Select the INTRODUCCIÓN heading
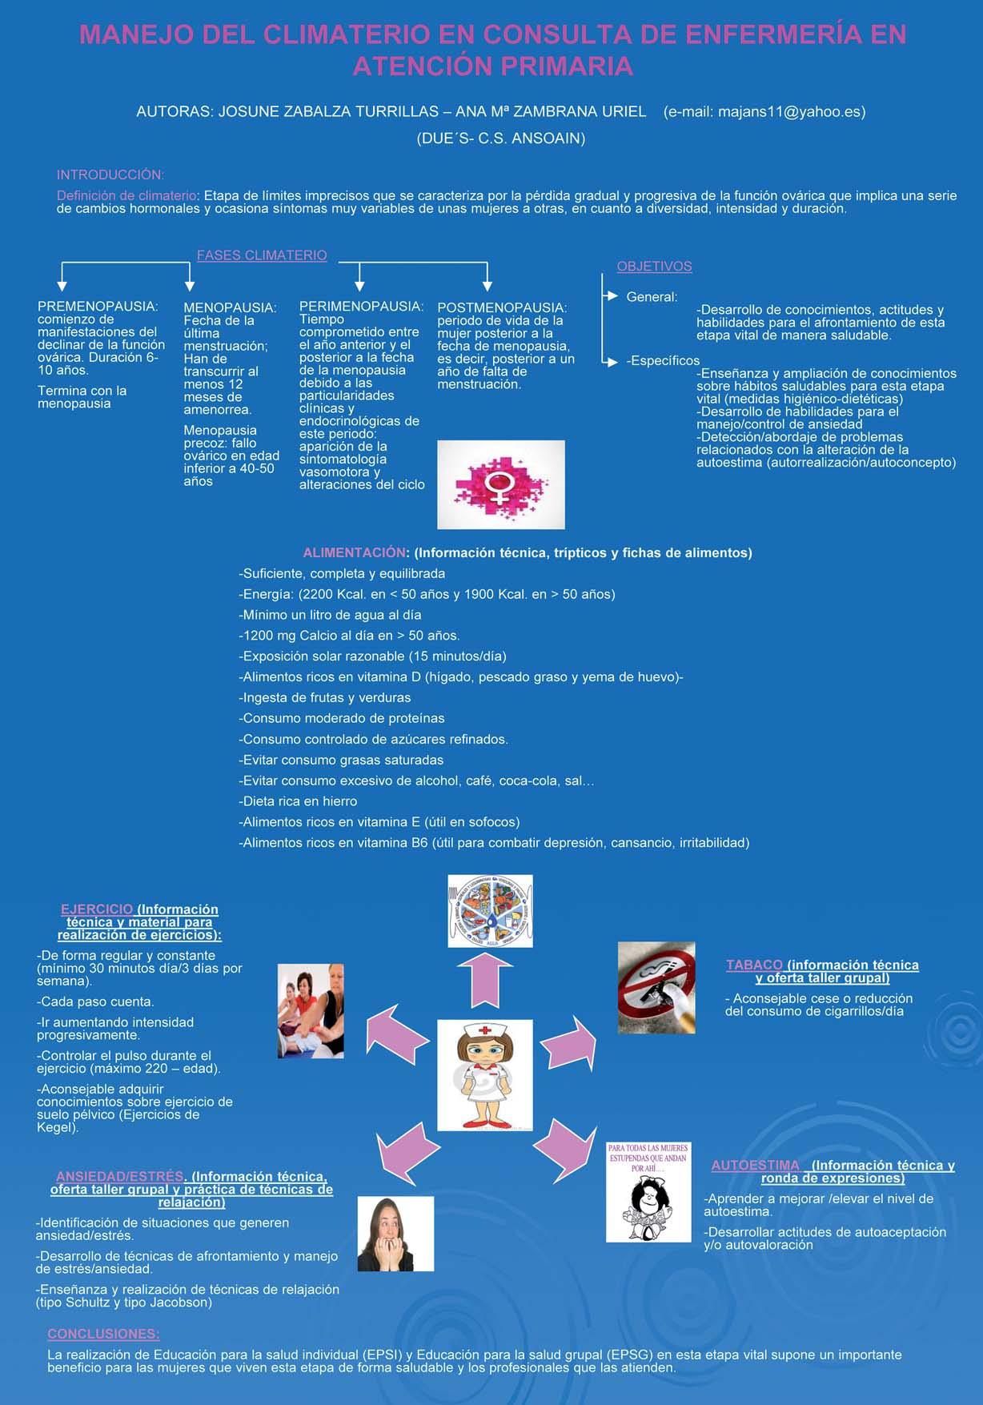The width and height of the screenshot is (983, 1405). pos(110,175)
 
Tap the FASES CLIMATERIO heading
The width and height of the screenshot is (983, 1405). pos(262,255)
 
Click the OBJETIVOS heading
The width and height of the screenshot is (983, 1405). pos(654,267)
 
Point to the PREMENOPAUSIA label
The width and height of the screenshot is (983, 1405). pos(98,306)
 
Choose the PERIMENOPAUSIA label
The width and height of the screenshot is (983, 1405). pos(361,306)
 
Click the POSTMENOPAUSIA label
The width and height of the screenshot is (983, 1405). pos(502,307)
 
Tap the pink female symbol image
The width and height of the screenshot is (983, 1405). pos(500,484)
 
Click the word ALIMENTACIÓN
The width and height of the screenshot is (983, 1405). pos(354,552)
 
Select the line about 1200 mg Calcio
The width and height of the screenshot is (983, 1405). pos(349,636)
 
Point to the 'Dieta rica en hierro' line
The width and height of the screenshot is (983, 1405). pos(298,801)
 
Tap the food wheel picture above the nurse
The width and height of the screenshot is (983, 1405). pos(490,911)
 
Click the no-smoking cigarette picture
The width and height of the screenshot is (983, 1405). pos(656,987)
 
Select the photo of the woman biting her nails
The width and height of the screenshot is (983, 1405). pos(395,1234)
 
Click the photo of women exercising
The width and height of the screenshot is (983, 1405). pos(311,1011)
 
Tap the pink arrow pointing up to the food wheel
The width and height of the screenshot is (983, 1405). pos(485,981)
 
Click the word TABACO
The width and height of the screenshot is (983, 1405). pos(754,965)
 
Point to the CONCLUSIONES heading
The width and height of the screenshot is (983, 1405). pos(103,1335)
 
